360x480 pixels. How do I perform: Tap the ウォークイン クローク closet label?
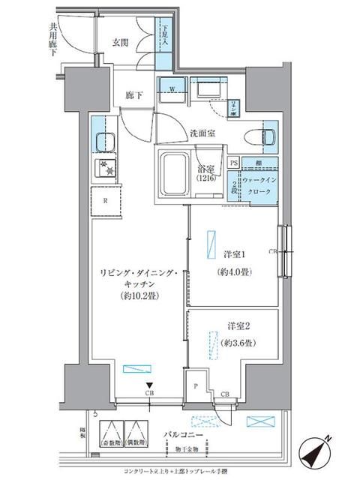point(262,187)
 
